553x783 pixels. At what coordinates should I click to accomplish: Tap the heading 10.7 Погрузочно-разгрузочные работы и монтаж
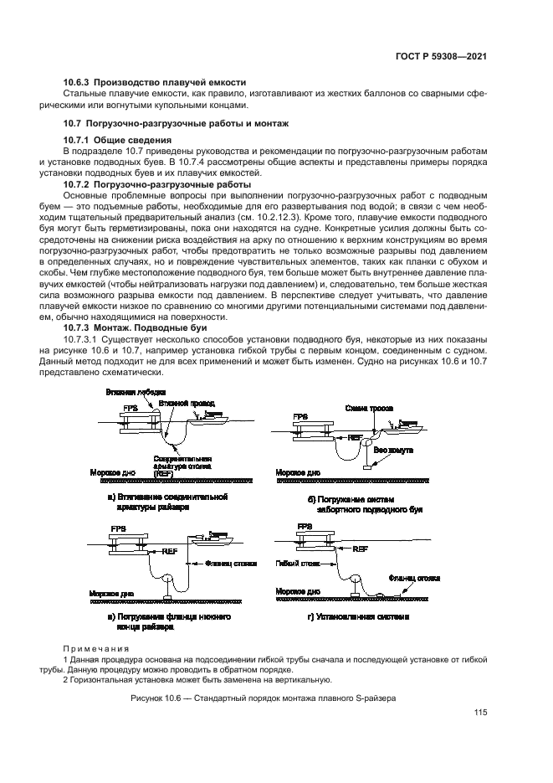pyautogui.click(x=177, y=123)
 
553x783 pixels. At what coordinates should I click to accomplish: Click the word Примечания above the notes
pyautogui.click(x=97, y=648)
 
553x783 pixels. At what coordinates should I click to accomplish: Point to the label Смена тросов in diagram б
pyautogui.click(x=365, y=408)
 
